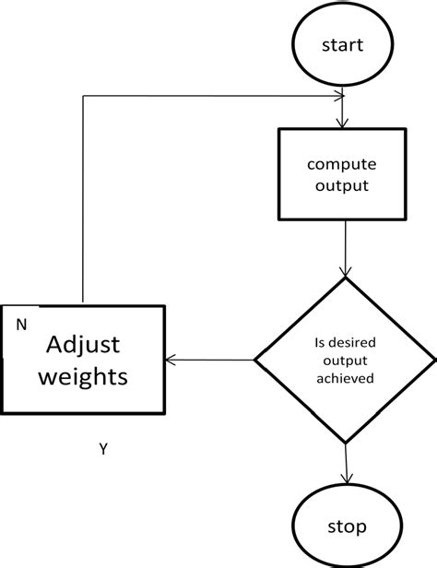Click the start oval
(343, 45)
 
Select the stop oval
(346, 527)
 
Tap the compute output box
(343, 174)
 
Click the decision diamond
(345, 360)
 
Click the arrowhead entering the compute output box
(343, 123)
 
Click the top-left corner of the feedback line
(84, 95)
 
